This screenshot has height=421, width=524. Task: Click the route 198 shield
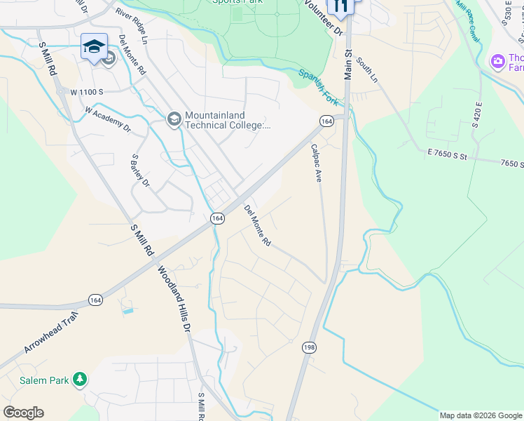(310, 347)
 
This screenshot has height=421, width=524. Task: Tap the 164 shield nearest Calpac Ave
(326, 121)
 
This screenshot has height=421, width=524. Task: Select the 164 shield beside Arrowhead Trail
(95, 300)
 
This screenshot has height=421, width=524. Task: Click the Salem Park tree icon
(81, 380)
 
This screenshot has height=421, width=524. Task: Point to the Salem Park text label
(49, 380)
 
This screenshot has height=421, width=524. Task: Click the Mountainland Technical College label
(228, 121)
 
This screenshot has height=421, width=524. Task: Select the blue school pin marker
(94, 48)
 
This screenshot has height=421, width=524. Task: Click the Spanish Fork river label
(319, 82)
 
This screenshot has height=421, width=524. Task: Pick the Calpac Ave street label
(316, 163)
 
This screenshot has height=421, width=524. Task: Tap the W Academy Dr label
(108, 119)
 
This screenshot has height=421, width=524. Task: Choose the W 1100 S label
(86, 92)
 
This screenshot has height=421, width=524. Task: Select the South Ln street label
(366, 70)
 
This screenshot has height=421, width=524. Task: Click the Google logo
(23, 413)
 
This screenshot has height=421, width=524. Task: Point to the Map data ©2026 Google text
(480, 415)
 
